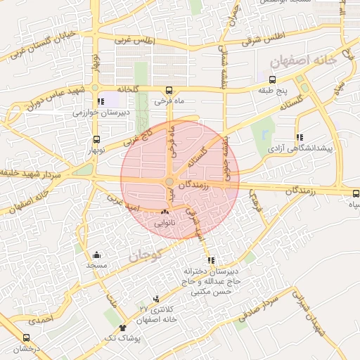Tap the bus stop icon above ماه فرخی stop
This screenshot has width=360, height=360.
[x=168, y=91]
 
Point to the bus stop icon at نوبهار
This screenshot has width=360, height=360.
[x=96, y=140]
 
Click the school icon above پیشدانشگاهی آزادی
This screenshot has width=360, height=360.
[x=300, y=137]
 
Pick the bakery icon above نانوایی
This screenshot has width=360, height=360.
[x=166, y=211]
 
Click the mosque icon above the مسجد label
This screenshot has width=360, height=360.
[x=96, y=255]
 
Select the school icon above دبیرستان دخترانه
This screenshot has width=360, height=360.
[x=212, y=260]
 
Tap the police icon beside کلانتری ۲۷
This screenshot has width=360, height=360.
[x=156, y=299]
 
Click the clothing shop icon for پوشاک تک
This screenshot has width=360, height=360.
[x=124, y=327]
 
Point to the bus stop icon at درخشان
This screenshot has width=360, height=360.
[x=26, y=338]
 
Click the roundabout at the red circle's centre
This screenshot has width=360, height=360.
[x=169, y=183]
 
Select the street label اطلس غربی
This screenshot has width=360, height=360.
[x=133, y=40]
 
